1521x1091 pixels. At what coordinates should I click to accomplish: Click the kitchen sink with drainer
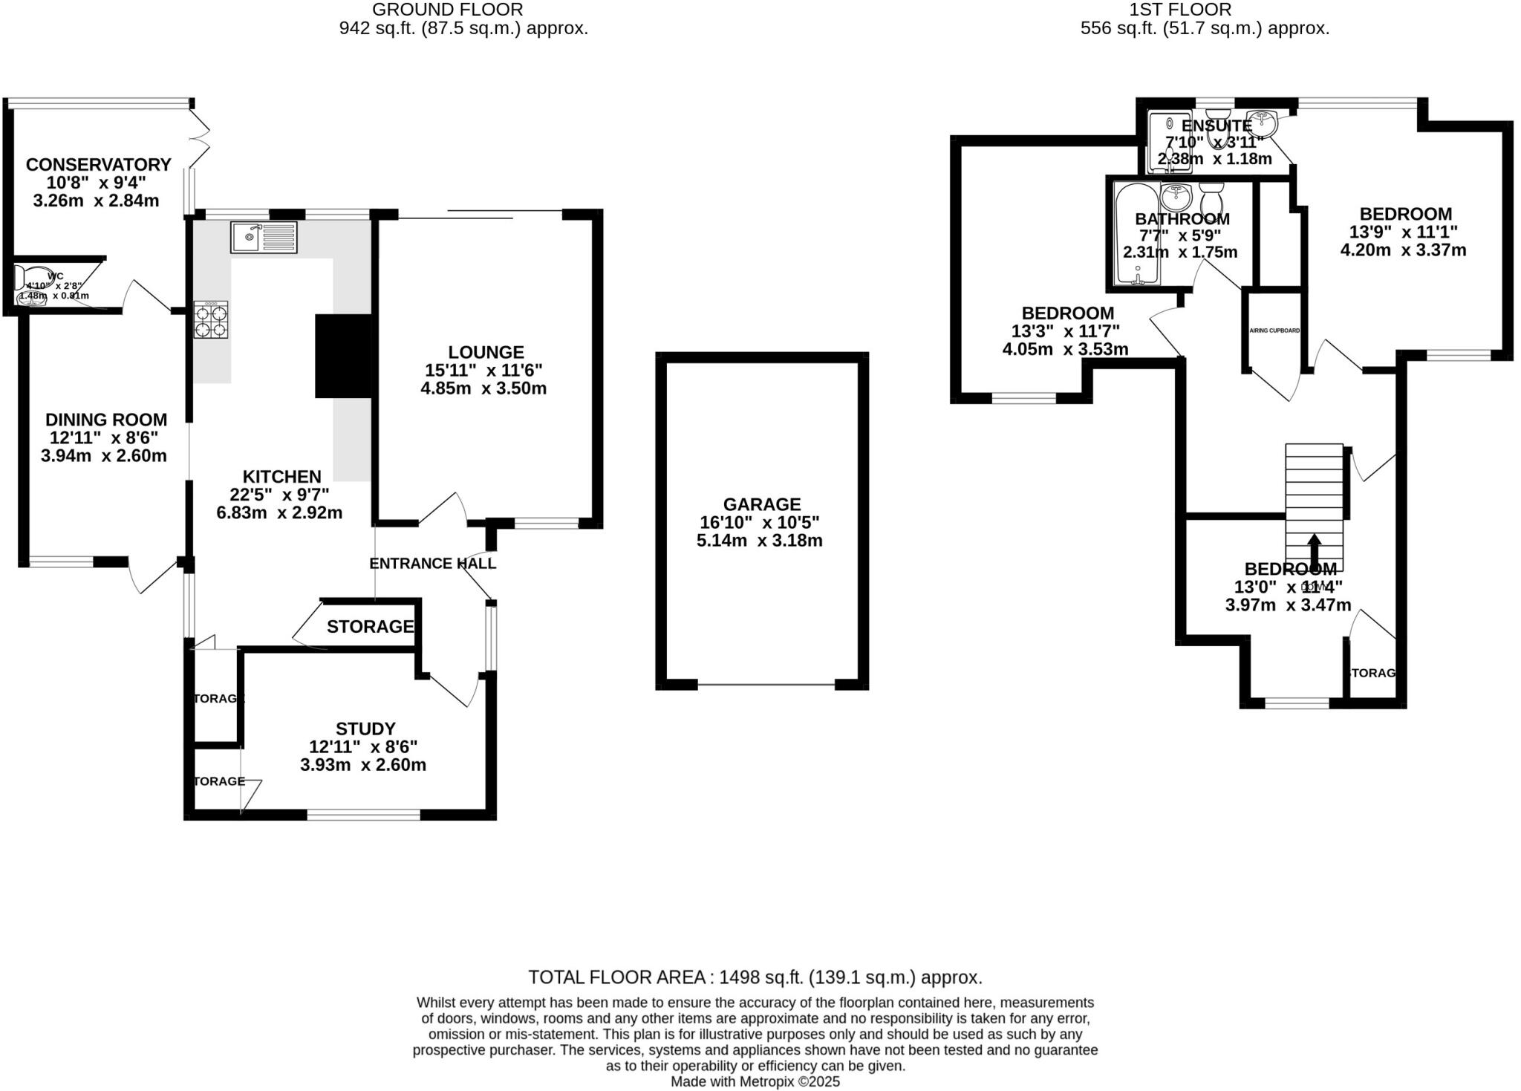point(264,238)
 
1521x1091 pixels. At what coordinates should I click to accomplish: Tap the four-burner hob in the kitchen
point(211,320)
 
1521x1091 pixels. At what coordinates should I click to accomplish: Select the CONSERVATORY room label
point(99,165)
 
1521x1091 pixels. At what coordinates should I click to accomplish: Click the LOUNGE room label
point(486,353)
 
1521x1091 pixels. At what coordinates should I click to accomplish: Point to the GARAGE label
point(761,505)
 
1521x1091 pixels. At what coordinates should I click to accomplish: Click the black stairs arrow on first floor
point(1314,551)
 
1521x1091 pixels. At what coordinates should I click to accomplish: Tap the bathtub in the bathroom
point(1137,235)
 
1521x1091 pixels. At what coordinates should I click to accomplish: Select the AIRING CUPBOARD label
point(1274,330)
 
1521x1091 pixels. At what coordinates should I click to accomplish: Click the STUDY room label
point(365,729)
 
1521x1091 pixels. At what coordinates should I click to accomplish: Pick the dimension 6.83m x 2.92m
point(279,513)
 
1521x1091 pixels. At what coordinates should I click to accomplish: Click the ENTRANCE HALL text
point(432,564)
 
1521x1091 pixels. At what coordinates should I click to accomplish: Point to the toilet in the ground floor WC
point(22,278)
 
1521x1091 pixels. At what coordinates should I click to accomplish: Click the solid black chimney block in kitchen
point(343,356)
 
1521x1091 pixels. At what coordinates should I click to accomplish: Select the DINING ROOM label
point(106,420)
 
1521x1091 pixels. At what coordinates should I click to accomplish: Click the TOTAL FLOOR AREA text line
point(755,977)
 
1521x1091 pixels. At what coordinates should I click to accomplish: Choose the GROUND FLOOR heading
point(447,10)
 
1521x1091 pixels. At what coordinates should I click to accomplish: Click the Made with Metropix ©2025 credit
point(755,1082)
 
